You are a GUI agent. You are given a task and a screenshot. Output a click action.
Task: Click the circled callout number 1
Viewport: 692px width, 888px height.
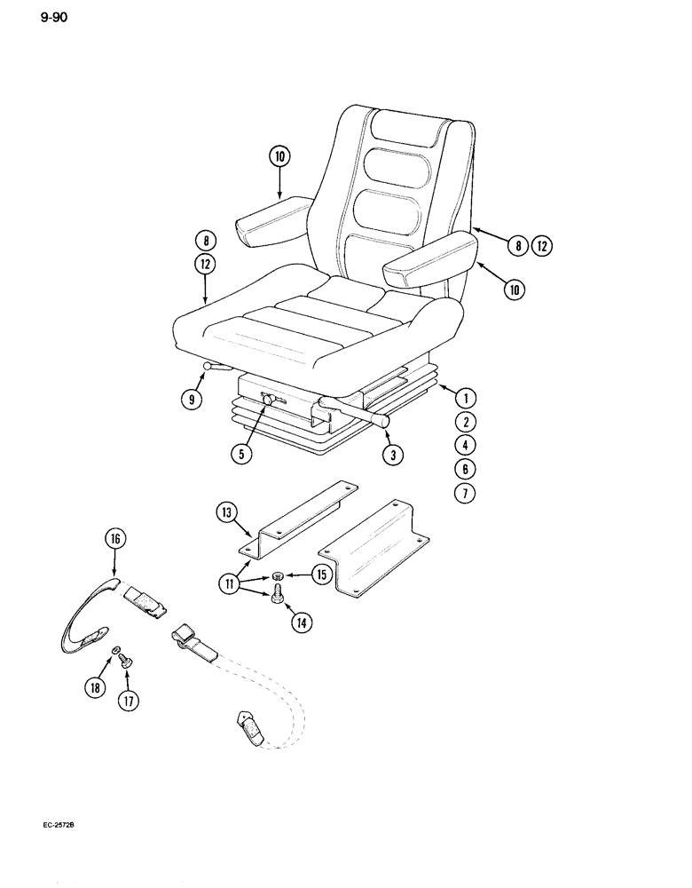click(469, 397)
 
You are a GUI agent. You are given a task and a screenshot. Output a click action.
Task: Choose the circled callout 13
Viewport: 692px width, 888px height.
click(227, 513)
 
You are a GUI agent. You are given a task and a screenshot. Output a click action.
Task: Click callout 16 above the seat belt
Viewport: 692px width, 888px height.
click(115, 539)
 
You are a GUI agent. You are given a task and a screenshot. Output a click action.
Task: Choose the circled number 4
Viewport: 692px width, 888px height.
click(469, 445)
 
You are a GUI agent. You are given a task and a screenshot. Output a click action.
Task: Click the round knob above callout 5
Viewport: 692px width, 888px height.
click(267, 403)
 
